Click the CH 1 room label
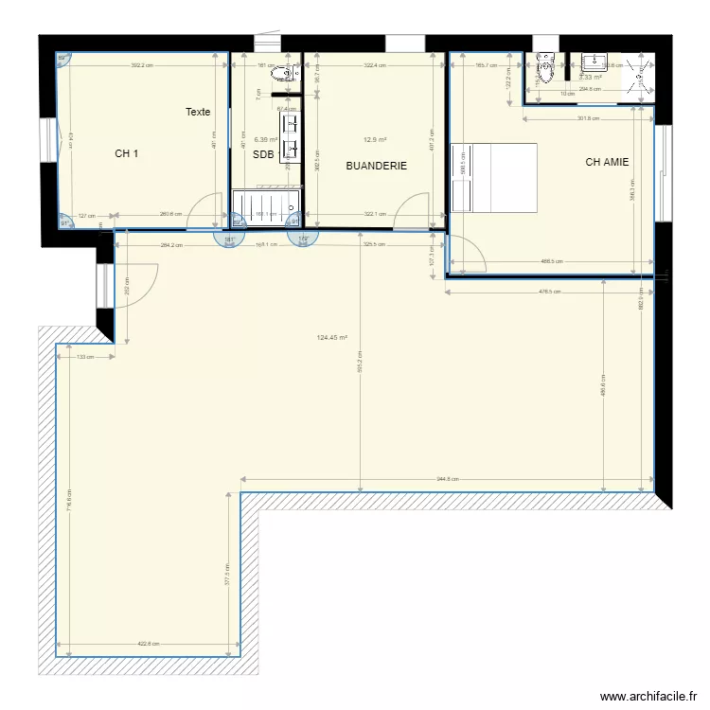tap(127, 153)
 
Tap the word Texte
tap(198, 112)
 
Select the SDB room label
tap(262, 154)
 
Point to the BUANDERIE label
tap(376, 166)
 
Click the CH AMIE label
tap(607, 162)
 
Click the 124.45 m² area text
tap(332, 338)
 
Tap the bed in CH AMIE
tap(493, 177)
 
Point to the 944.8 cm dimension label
tap(448, 479)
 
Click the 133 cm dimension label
tap(85, 357)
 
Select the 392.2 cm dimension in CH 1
tap(142, 65)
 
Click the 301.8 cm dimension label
tap(589, 118)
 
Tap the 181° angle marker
tap(229, 240)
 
